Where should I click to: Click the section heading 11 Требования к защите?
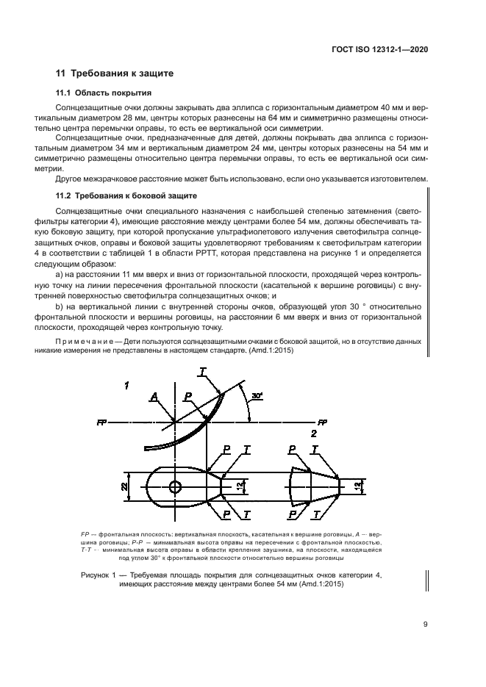(x=115, y=73)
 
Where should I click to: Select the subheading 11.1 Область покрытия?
(x=104, y=93)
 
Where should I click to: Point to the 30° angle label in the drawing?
(x=256, y=396)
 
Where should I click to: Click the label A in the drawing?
(x=153, y=396)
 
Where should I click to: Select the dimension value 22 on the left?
(x=125, y=486)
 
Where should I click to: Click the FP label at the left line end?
(x=100, y=422)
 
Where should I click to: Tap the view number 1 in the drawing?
(x=126, y=385)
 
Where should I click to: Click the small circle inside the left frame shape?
(x=175, y=486)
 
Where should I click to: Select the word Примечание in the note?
(x=82, y=342)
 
